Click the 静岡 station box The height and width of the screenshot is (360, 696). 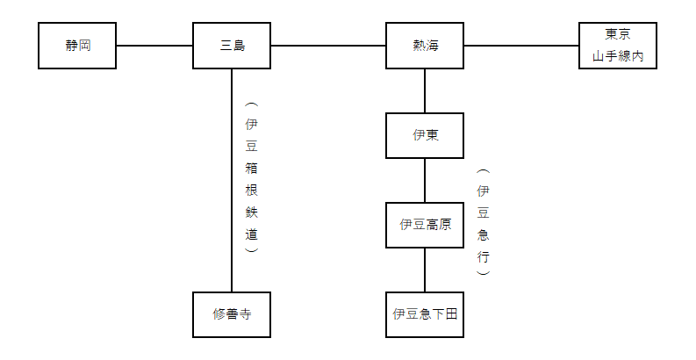[x=77, y=46]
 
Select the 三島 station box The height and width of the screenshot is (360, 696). [x=232, y=46]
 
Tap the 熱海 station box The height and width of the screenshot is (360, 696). [x=425, y=46]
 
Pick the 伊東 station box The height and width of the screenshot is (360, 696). [x=425, y=135]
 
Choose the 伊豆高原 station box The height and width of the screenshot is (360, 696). [x=425, y=225]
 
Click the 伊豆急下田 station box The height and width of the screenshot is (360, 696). [x=425, y=314]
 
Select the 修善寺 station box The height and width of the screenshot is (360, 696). [x=232, y=314]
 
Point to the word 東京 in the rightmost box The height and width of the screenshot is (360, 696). [x=618, y=34]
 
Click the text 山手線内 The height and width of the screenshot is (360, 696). [x=618, y=56]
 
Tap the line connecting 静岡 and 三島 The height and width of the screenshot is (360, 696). [x=154, y=46]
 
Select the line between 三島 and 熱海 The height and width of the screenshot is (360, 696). [x=328, y=46]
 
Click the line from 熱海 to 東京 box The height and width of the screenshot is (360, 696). [x=521, y=46]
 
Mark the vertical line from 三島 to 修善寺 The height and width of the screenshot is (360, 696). [x=232, y=180]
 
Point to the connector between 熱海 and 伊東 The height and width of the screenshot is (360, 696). [x=425, y=90]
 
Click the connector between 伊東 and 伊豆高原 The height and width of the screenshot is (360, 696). [x=425, y=180]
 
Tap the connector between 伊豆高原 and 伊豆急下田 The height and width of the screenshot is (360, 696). [x=425, y=270]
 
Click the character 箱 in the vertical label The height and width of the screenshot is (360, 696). [x=252, y=169]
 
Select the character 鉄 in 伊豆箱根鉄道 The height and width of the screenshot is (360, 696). [x=252, y=212]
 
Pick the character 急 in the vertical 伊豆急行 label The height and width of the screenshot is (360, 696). [x=484, y=234]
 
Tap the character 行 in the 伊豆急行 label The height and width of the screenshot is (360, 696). [x=484, y=256]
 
